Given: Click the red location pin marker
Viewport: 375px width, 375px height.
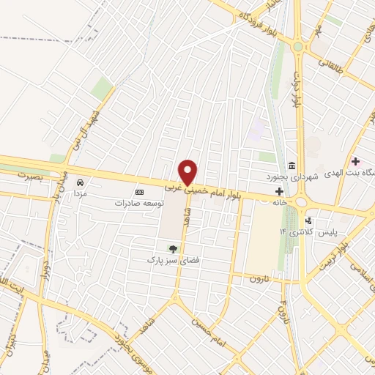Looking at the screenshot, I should (188, 172).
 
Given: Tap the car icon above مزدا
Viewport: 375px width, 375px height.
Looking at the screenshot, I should (81, 182).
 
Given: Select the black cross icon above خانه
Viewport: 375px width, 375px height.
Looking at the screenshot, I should (278, 190).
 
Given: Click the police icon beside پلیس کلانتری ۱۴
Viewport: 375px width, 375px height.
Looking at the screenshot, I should (308, 220).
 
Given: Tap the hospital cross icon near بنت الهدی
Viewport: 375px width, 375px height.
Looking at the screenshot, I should (355, 160).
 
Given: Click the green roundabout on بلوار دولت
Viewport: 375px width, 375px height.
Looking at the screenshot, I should (297, 45).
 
